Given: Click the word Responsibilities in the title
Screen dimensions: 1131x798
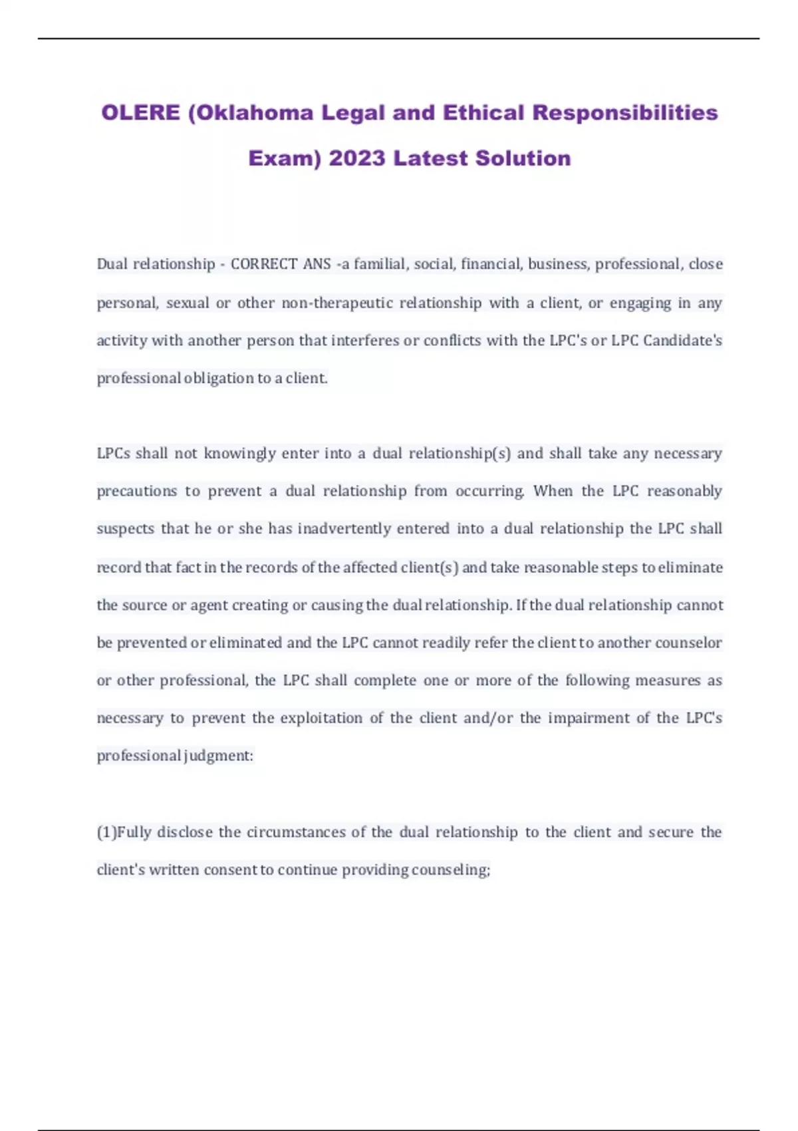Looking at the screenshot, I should click(625, 112).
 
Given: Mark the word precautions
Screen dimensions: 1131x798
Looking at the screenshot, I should click(137, 491).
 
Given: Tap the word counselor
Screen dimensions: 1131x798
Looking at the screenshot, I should click(688, 643).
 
